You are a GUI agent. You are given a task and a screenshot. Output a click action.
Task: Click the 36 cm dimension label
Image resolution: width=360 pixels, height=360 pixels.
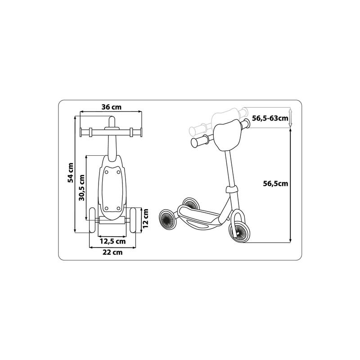coord(111,107)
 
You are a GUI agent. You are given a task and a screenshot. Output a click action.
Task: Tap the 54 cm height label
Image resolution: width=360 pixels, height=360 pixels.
coord(71,173)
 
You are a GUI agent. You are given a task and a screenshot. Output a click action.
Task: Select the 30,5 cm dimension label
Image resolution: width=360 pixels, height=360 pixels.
coord(81,188)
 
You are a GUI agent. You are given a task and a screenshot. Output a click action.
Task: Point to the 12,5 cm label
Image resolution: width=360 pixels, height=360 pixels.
coord(112,241)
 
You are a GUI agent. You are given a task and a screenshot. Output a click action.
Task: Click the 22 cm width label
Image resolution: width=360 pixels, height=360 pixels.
coord(112,252)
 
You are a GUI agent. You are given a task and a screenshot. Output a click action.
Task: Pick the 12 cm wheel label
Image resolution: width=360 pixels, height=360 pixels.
coord(145,218)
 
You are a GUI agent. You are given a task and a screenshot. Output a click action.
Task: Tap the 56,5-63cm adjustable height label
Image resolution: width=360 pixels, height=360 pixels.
coord(270,118)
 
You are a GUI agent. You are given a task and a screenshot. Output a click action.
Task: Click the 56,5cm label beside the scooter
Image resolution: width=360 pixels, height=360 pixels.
coord(275,184)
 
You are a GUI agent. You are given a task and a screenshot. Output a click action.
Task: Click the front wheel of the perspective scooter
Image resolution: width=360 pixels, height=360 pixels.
coord(238,232)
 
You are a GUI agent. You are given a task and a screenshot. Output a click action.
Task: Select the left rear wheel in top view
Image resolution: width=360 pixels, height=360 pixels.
coord(92,220)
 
